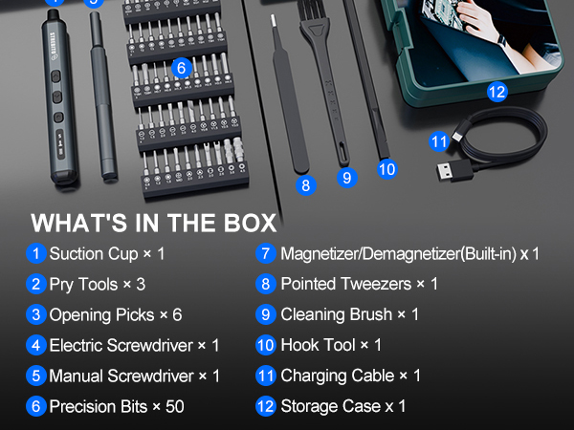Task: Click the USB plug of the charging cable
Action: [453, 173]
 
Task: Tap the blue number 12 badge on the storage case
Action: [497, 92]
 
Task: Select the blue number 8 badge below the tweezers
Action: [306, 185]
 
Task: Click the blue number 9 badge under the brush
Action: [346, 177]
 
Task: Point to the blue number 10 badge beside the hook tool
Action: [386, 169]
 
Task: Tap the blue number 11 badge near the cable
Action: [439, 141]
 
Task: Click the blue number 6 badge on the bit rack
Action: [181, 68]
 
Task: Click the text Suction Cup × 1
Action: [107, 254]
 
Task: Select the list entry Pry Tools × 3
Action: [97, 285]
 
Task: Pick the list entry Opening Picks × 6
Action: [115, 314]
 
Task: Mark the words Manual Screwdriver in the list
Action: [115, 376]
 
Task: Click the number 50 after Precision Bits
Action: [174, 406]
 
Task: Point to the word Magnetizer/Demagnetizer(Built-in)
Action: [399, 254]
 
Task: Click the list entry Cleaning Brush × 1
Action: [349, 314]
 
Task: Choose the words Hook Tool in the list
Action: [316, 345]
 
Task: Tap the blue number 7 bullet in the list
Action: [266, 254]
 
